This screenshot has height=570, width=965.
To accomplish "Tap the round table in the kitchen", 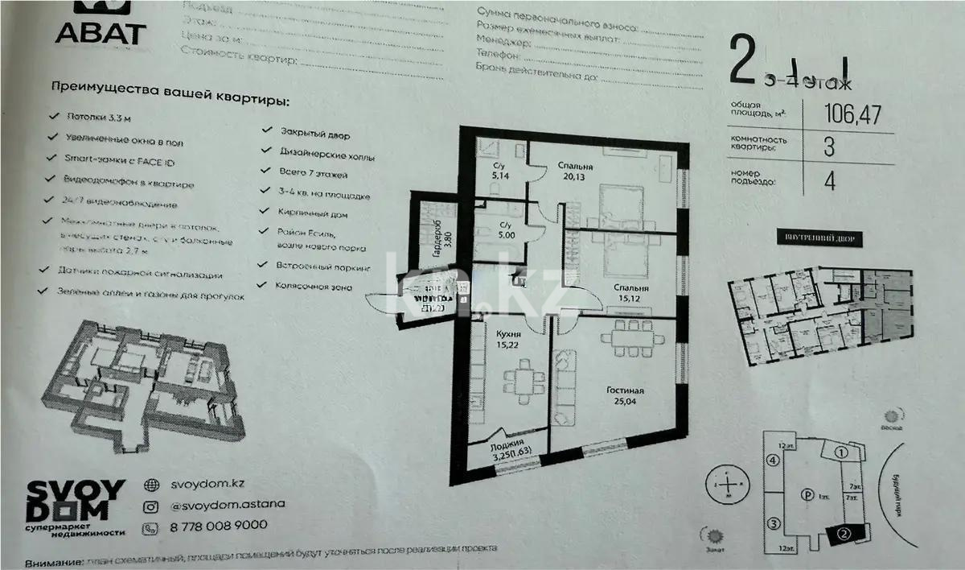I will [x=524, y=377].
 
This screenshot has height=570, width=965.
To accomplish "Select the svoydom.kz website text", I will [x=207, y=485].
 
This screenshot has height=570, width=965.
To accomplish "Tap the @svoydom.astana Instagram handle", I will [x=226, y=505].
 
